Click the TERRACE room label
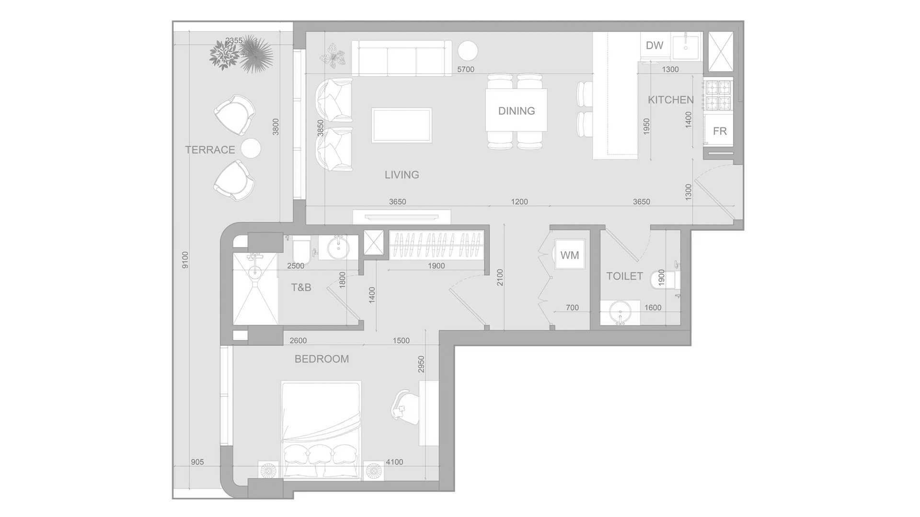(x=210, y=150)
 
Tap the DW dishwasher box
(x=655, y=45)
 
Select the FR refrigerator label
(x=720, y=131)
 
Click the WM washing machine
(x=570, y=255)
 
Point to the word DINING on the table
(x=517, y=111)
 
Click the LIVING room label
(x=402, y=175)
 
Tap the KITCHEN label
(x=671, y=100)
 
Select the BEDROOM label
(x=322, y=359)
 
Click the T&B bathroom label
(x=301, y=287)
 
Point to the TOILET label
(x=624, y=276)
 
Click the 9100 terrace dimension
(x=185, y=260)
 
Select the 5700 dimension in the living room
(x=466, y=69)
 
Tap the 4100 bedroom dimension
(x=394, y=462)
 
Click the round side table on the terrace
(x=251, y=148)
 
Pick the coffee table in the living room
(x=402, y=125)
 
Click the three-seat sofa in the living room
(x=402, y=58)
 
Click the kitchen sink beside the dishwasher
(x=687, y=46)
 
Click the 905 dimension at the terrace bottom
(x=197, y=462)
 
